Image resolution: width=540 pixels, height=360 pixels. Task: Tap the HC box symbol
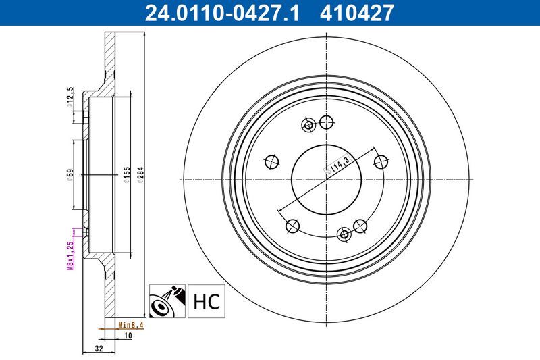[x=207, y=301]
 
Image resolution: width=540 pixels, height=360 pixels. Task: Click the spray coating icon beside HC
[x=166, y=301]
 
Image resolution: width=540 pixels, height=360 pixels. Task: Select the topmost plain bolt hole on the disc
[x=327, y=122]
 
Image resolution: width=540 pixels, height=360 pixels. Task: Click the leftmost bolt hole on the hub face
[x=272, y=161]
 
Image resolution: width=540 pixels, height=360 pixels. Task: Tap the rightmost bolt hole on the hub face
[x=381, y=161]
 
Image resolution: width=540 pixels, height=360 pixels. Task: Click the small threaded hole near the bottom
[x=344, y=234]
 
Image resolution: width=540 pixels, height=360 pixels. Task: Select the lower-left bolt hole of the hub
[x=293, y=226]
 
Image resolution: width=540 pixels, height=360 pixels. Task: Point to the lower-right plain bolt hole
[x=360, y=226]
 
